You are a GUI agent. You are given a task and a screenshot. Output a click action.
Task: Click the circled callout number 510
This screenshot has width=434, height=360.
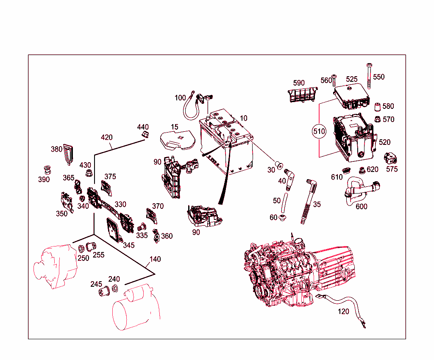319,131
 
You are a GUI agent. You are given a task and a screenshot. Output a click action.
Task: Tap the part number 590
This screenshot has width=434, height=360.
299,83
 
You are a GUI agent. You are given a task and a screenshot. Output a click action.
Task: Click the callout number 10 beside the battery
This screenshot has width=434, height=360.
243,118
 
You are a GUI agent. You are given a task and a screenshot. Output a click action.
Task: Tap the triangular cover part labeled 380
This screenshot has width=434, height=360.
68,154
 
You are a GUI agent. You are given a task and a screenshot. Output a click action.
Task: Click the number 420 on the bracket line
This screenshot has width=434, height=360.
107,137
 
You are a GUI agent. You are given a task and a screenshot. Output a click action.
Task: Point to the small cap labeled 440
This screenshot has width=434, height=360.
145,135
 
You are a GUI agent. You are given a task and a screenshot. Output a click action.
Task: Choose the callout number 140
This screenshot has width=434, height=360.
156,259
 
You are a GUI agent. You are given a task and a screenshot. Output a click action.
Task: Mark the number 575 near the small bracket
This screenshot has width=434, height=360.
392,169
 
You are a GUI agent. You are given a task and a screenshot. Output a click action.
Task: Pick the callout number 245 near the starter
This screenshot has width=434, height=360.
96,284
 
